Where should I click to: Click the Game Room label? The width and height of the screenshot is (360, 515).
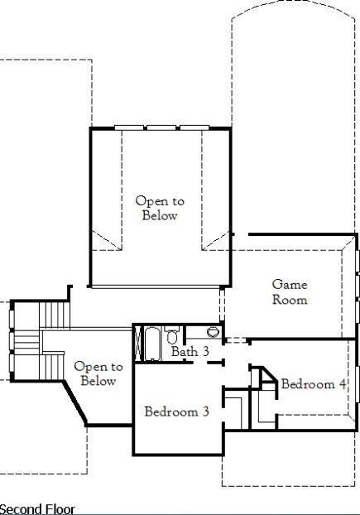(290, 292)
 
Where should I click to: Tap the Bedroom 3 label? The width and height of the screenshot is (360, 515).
(176, 412)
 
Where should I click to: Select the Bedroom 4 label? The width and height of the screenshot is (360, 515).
(314, 384)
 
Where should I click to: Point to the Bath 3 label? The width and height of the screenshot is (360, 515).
(190, 351)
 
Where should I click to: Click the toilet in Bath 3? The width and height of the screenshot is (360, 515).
(171, 335)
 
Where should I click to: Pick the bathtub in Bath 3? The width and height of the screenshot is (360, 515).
(152, 344)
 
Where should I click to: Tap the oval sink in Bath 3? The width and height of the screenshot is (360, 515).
(213, 332)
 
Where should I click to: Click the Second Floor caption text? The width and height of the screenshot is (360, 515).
(37, 509)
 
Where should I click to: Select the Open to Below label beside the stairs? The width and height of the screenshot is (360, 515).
(98, 373)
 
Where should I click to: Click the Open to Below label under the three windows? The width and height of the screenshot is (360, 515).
(160, 208)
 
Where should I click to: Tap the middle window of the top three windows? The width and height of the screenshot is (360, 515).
(161, 128)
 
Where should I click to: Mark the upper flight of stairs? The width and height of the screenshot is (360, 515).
(54, 315)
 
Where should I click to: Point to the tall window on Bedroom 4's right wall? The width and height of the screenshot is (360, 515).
(357, 383)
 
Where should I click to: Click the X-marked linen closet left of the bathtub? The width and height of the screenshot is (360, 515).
(138, 344)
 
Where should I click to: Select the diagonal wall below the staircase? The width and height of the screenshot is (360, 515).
(74, 403)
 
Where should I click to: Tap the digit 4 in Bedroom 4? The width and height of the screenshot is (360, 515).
(343, 384)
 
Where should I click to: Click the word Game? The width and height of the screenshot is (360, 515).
(290, 285)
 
